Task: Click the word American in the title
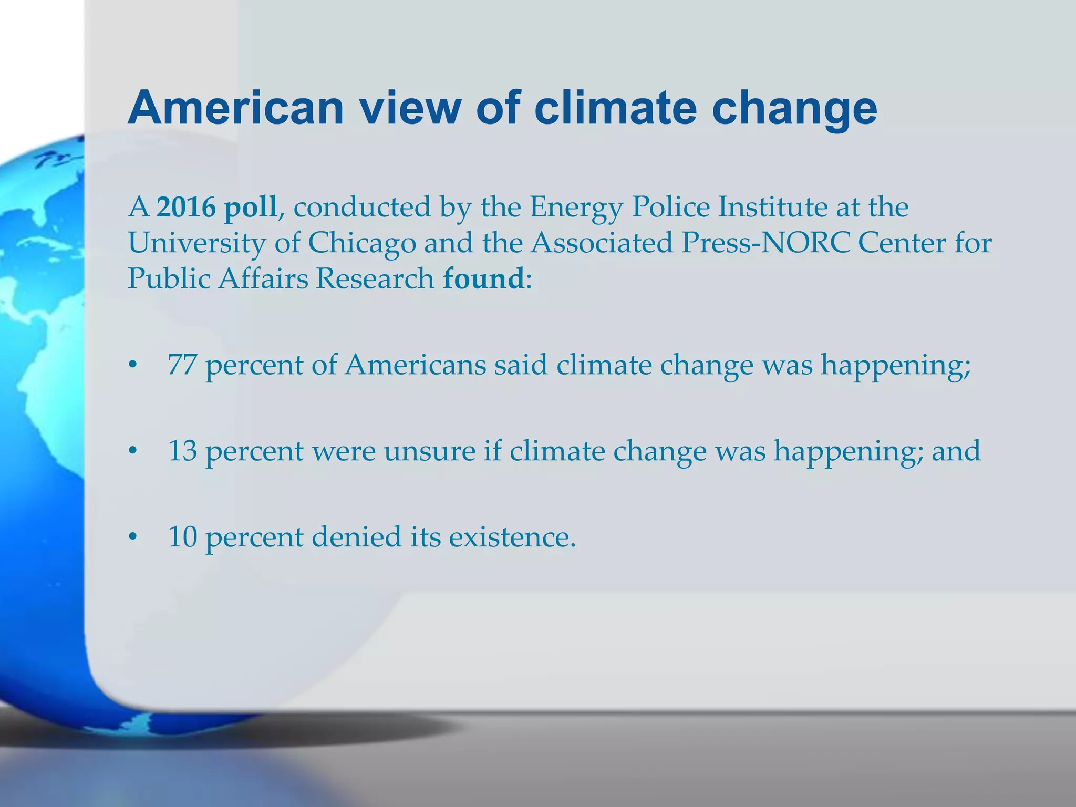click(x=236, y=108)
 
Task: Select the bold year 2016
click(x=186, y=207)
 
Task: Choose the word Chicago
click(x=361, y=243)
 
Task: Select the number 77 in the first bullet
click(x=182, y=365)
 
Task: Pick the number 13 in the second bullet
click(x=182, y=451)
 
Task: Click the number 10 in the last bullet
click(x=182, y=537)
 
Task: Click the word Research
click(x=375, y=278)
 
